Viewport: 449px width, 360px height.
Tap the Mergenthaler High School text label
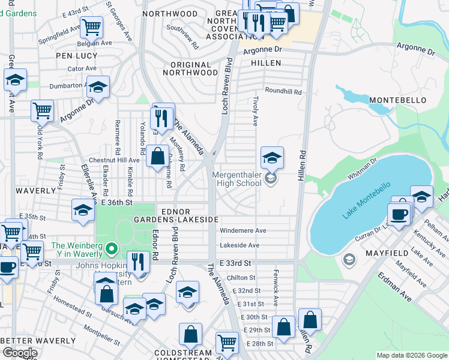237,179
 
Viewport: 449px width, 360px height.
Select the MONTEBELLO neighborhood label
397,99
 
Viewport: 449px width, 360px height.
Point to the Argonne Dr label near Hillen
262,51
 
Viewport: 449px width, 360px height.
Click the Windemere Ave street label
243,230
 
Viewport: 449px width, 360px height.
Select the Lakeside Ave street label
240,245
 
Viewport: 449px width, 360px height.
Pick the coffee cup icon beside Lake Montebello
398,214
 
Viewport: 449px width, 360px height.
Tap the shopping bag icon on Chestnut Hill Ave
157,157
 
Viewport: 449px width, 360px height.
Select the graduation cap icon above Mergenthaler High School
272,158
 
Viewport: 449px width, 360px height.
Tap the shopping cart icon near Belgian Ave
91,26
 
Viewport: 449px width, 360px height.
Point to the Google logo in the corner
20,353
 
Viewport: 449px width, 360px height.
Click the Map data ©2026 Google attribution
411,355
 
